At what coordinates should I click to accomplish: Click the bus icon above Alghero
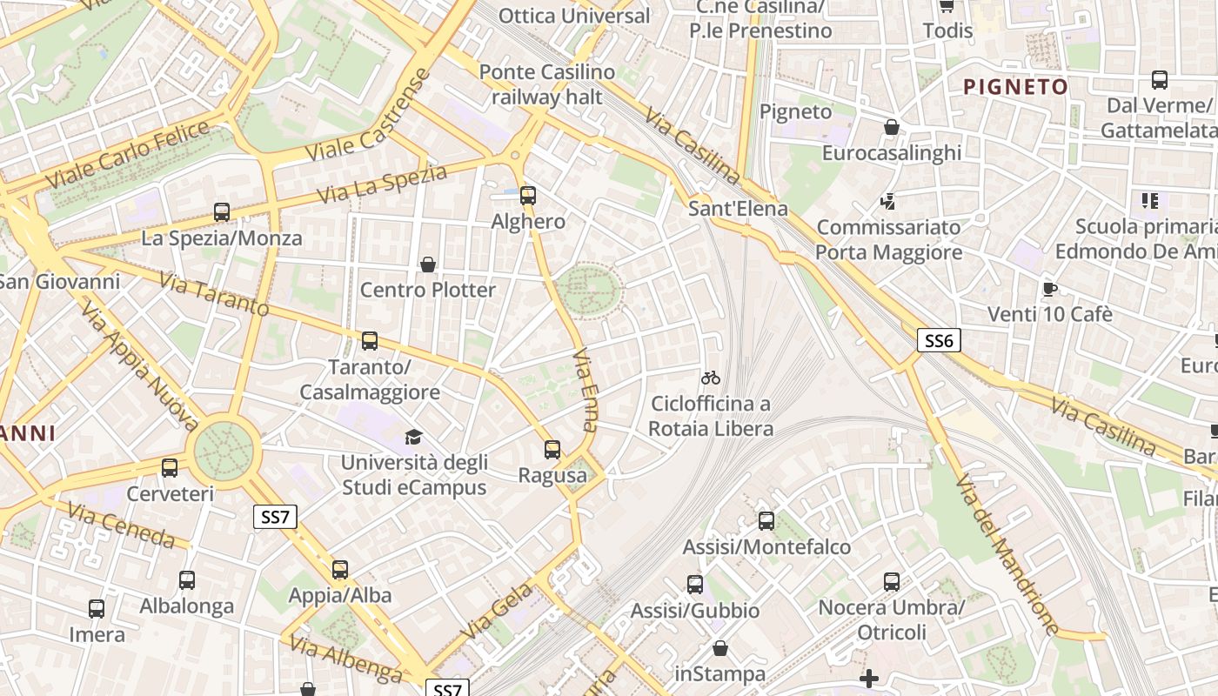click(528, 196)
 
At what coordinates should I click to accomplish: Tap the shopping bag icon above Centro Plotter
click(427, 264)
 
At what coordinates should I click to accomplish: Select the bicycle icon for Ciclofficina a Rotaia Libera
click(711, 378)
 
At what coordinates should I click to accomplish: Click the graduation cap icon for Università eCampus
click(413, 437)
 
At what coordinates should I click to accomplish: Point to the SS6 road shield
click(939, 340)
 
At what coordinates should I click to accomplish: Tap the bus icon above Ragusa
click(552, 450)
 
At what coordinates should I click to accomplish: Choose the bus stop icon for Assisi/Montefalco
click(766, 521)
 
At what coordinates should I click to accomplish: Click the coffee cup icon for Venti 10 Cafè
click(1050, 289)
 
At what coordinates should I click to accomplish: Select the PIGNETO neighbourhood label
click(1015, 87)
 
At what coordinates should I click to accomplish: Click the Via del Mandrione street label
click(1007, 554)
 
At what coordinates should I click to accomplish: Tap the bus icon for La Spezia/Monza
click(222, 212)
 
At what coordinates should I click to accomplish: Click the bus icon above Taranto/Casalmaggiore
click(370, 341)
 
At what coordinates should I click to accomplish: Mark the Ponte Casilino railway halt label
click(547, 84)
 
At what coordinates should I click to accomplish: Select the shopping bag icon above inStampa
click(720, 649)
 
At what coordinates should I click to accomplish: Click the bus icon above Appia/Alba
click(340, 570)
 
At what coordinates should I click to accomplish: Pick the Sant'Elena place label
click(738, 209)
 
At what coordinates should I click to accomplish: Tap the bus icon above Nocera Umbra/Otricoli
click(892, 582)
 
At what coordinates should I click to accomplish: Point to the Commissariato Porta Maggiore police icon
click(888, 202)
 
